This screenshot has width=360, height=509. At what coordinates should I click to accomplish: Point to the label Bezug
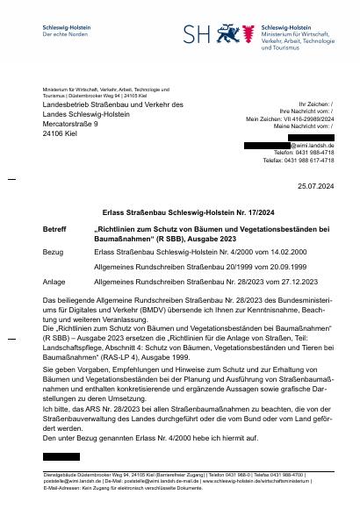point(53,250)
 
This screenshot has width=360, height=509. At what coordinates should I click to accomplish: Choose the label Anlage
point(54,282)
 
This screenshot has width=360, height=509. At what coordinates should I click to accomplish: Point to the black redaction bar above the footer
point(61,457)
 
